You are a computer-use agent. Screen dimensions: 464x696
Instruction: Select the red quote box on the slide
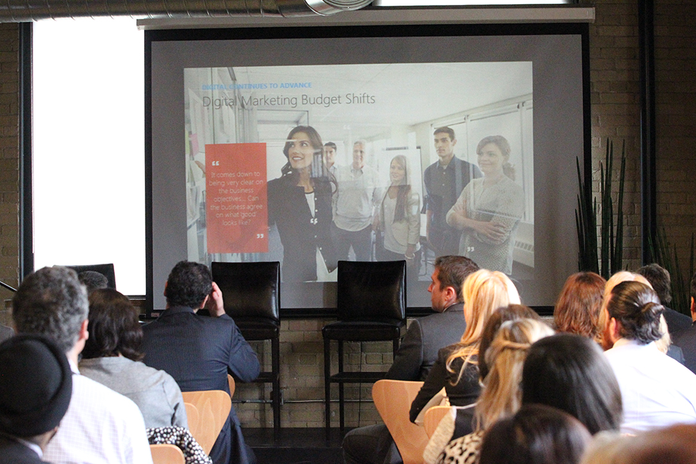(237, 198)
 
